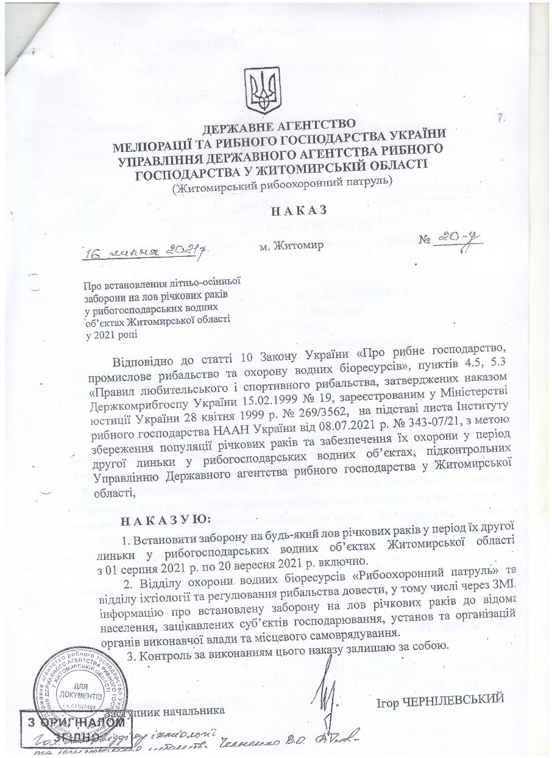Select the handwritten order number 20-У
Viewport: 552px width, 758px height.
coord(453,243)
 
